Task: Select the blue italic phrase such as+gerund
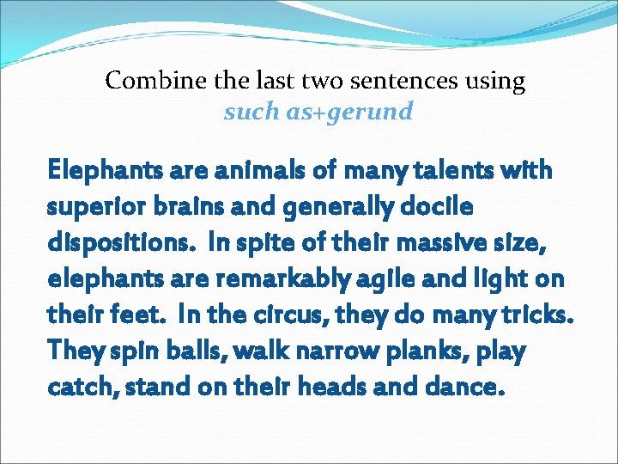pyautogui.click(x=318, y=112)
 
